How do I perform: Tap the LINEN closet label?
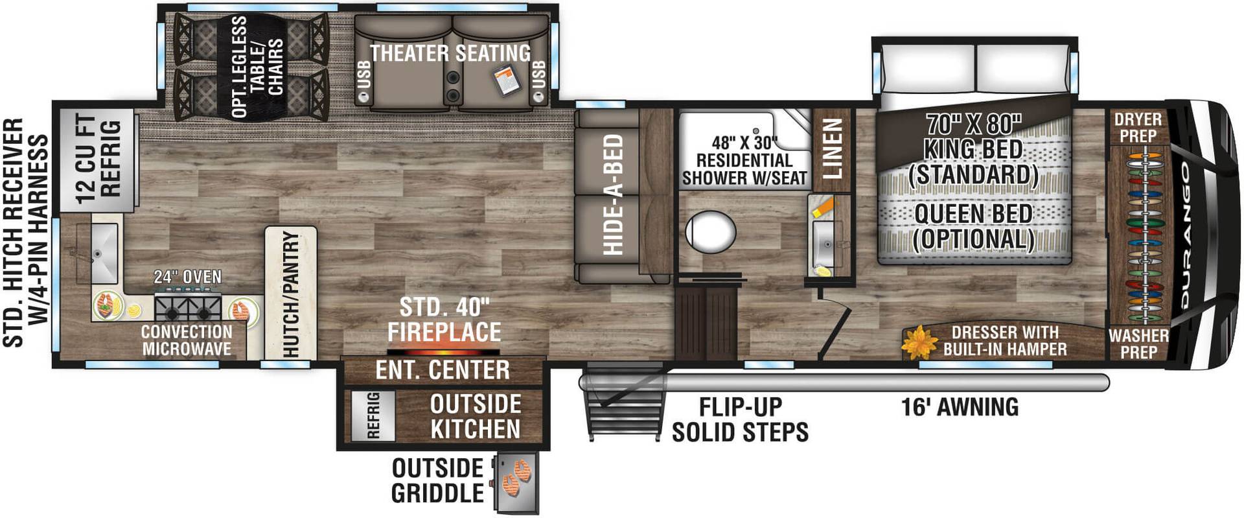(831, 148)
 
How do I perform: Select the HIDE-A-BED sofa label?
(612, 194)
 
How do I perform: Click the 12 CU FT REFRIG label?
(98, 159)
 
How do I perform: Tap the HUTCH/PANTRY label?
(291, 294)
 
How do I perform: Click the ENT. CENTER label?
(443, 370)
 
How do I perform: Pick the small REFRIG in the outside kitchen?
(373, 415)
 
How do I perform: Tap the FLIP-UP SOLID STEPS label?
(739, 419)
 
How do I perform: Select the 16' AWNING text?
(960, 407)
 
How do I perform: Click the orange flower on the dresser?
(918, 343)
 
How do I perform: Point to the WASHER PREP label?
(1138, 344)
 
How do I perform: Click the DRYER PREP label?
(1138, 127)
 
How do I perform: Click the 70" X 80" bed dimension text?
(973, 123)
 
